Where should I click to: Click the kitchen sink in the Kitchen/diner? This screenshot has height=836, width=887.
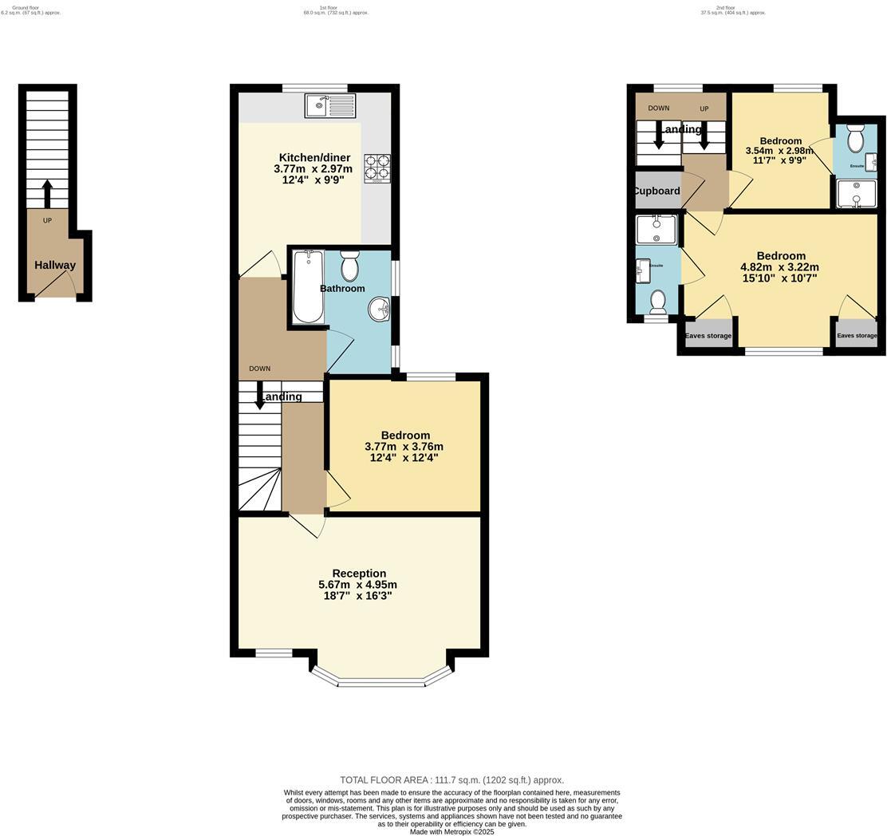pyautogui.click(x=330, y=105)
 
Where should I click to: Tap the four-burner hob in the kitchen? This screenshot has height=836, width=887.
pyautogui.click(x=376, y=168)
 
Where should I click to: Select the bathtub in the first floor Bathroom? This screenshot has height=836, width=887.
pyautogui.click(x=308, y=286)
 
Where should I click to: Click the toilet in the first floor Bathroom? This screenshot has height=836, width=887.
pyautogui.click(x=350, y=266)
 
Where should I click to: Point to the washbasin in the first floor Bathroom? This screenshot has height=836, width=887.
pyautogui.click(x=380, y=310)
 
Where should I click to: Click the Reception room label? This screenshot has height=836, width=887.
pyautogui.click(x=359, y=574)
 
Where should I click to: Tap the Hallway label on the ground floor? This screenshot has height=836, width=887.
pyautogui.click(x=55, y=265)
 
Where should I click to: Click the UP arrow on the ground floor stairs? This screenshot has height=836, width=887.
pyautogui.click(x=47, y=194)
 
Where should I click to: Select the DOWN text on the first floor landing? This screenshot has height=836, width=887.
pyautogui.click(x=259, y=369)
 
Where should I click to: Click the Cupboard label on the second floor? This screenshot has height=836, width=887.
pyautogui.click(x=657, y=191)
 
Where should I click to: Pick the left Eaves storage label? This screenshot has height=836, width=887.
pyautogui.click(x=708, y=336)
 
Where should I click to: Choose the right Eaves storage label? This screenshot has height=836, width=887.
pyautogui.click(x=857, y=336)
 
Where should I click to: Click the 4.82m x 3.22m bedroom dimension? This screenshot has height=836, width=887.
pyautogui.click(x=780, y=267)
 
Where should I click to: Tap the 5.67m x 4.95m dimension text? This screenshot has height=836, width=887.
pyautogui.click(x=357, y=585)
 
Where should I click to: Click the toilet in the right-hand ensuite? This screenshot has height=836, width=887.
pyautogui.click(x=855, y=140)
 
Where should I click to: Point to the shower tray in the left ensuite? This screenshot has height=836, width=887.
pyautogui.click(x=656, y=229)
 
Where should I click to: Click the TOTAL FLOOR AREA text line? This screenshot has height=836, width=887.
pyautogui.click(x=451, y=780)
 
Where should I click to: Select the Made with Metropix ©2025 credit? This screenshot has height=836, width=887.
pyautogui.click(x=451, y=831)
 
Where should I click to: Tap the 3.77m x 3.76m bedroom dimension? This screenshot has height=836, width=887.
pyautogui.click(x=404, y=447)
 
